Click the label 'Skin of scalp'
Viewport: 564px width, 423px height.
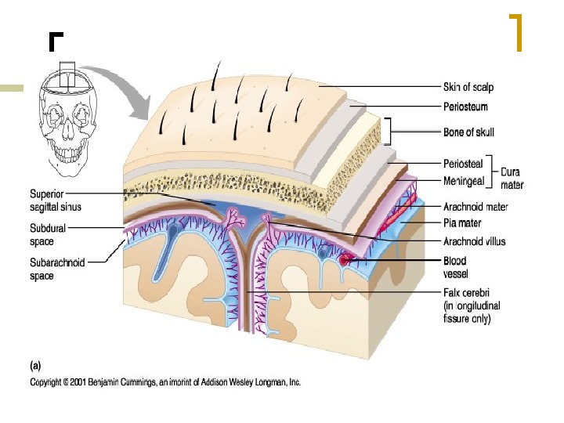point(468,87)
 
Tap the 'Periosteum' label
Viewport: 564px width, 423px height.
point(465,106)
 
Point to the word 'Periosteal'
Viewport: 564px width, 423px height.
point(462,164)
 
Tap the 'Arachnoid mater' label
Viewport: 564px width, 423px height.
point(475,208)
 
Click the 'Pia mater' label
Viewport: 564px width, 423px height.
point(463,225)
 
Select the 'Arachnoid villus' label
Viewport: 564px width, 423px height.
point(474,241)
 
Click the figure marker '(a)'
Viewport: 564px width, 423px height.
point(37,365)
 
